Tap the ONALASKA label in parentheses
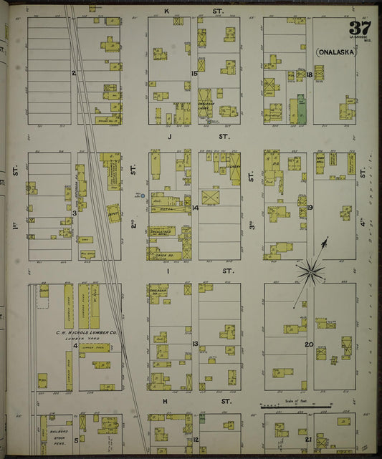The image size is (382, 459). (338, 52)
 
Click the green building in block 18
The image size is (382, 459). (301, 108)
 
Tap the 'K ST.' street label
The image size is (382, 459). (193, 11)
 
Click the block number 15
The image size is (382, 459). (194, 73)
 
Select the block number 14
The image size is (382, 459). (195, 208)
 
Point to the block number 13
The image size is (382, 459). (195, 344)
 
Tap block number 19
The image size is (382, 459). (310, 208)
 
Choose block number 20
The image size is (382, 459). (309, 344)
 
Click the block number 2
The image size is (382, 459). (74, 73)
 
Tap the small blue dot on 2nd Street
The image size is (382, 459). (143, 195)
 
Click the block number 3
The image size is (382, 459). (75, 213)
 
